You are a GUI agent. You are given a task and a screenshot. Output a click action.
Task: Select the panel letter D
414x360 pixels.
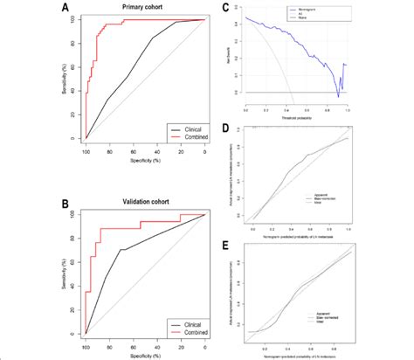pos(226,130)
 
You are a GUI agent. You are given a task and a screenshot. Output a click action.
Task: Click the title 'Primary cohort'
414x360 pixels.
pos(145,9)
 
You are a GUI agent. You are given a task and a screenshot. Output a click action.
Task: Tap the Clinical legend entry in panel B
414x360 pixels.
pos(184,323)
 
